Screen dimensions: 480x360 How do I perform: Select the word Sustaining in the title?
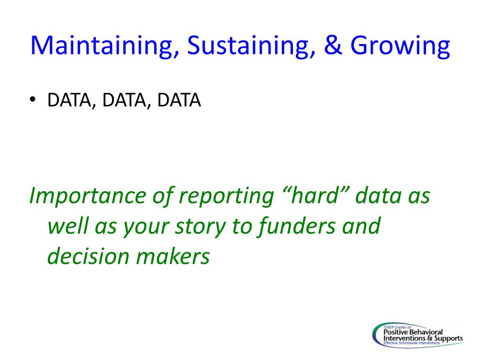(251, 45)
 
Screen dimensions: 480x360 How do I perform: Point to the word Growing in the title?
(400, 46)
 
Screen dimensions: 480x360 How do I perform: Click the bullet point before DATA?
(33, 99)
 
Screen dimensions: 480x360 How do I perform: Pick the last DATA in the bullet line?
(179, 100)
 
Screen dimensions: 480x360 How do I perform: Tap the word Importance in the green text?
(88, 196)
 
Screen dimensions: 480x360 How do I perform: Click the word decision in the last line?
(88, 256)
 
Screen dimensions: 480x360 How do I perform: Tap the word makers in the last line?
(173, 256)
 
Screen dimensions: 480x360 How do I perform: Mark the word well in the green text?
(68, 225)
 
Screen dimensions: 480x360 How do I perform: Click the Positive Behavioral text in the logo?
(413, 332)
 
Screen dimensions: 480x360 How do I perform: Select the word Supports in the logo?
(449, 338)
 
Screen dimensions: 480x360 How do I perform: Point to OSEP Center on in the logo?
(397, 327)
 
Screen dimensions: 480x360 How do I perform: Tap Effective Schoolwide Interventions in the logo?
(412, 343)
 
